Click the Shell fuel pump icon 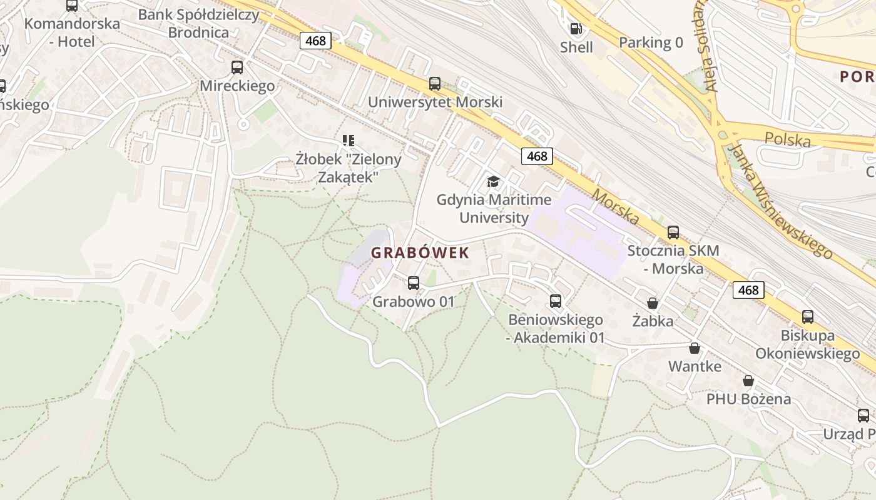[x=576, y=28]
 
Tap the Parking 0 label [x=651, y=42]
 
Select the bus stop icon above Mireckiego [x=237, y=67]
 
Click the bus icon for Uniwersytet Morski [x=435, y=84]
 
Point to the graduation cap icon [x=494, y=182]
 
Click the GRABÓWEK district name [x=420, y=253]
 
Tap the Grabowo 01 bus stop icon [x=414, y=283]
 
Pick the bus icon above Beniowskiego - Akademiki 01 [x=556, y=301]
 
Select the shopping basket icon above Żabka [x=653, y=303]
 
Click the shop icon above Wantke [x=694, y=348]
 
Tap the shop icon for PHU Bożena [x=748, y=381]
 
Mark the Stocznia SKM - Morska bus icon [x=673, y=232]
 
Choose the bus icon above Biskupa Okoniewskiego [x=808, y=317]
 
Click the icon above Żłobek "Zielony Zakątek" [x=349, y=141]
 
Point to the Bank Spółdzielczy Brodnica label [x=198, y=24]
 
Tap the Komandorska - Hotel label [x=72, y=33]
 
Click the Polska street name [x=788, y=139]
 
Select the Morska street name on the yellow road [x=616, y=207]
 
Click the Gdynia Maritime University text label [x=494, y=209]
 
